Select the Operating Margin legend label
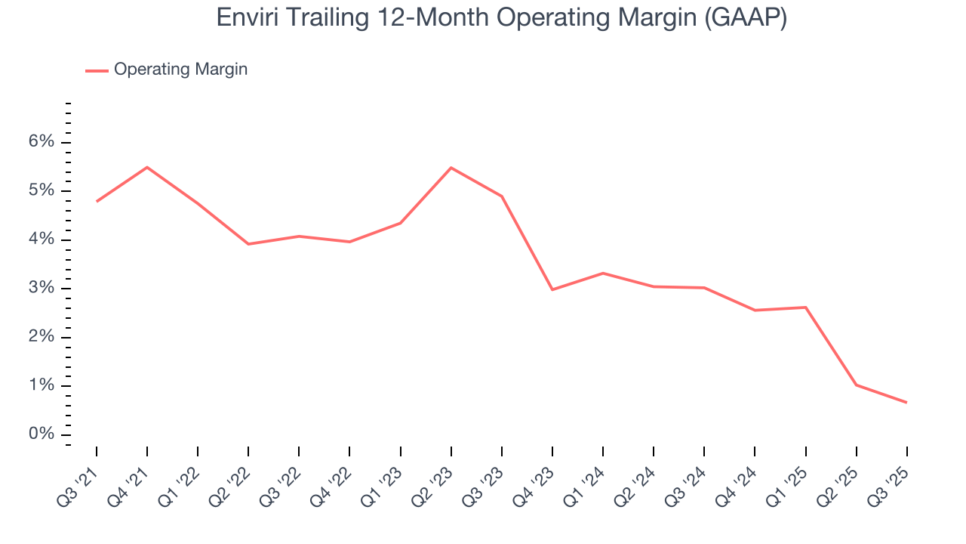pos(180,70)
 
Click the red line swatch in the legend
pos(97,70)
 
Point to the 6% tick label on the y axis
pos(42,143)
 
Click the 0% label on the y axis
pos(42,434)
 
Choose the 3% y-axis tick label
pos(42,289)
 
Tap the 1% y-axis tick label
pos(42,386)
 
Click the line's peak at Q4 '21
pos(147,167)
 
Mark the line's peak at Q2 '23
pos(451,168)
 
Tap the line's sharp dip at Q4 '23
pos(552,289)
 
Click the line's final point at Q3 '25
pos(906,402)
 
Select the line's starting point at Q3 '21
pos(97,201)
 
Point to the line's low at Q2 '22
pos(248,244)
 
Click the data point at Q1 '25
pos(805,308)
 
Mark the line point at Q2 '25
pos(856,385)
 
